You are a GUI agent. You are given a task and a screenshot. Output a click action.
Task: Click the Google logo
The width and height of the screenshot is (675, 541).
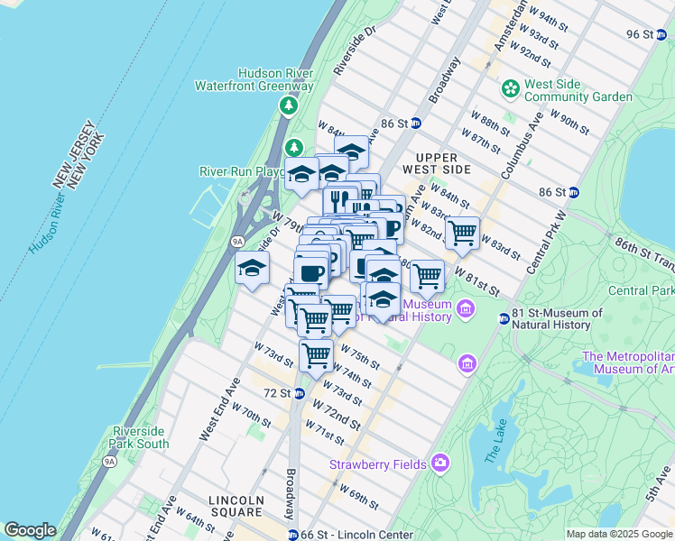coord(30,530)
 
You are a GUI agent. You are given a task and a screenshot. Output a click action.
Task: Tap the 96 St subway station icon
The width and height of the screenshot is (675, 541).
coord(660,34)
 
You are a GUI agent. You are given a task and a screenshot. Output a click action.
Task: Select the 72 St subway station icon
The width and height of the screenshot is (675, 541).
coord(299,393)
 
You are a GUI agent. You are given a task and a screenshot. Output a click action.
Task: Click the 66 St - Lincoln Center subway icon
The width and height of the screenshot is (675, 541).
coord(293,536)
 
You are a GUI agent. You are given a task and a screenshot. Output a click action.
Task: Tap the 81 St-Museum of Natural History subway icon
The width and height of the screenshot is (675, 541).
coord(504,318)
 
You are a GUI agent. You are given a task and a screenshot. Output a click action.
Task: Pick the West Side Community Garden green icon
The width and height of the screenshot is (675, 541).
coord(511,90)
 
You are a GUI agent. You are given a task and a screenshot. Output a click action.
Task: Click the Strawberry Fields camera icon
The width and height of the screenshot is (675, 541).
coord(439,463)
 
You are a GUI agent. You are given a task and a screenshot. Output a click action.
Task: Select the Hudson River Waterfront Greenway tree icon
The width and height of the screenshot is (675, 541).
coord(289,106)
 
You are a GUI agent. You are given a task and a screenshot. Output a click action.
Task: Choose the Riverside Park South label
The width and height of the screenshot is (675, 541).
coord(139,437)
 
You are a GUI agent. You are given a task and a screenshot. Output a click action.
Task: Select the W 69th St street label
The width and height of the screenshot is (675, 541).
coord(358,496)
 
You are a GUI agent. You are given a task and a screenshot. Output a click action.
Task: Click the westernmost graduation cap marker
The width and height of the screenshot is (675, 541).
coord(253,268)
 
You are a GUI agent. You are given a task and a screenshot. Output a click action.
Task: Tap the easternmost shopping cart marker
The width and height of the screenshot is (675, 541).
coord(462,234)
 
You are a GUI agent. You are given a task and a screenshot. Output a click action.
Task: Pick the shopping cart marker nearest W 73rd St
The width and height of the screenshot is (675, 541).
coord(316,354)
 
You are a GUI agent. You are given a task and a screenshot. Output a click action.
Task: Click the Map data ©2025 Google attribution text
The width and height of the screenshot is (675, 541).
coord(619,534)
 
